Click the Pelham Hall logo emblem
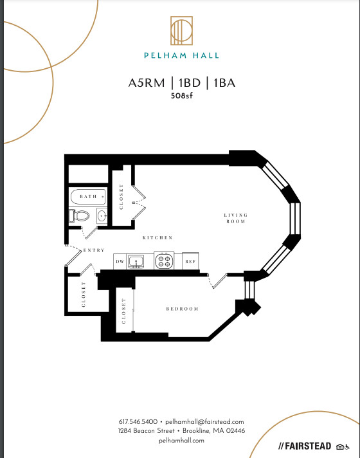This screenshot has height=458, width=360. click(x=181, y=31)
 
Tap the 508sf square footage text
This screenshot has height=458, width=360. click(x=182, y=96)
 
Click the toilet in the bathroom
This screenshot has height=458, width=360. click(x=79, y=216)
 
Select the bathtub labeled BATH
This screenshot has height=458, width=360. click(x=88, y=197)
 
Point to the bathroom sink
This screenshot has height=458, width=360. click(x=102, y=216)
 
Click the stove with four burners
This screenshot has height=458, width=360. click(x=164, y=261)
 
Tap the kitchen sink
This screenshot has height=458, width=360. click(x=136, y=261)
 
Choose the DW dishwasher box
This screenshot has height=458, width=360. click(x=120, y=261)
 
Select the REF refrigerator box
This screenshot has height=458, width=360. click(x=190, y=261)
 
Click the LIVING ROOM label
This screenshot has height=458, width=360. click(x=236, y=218)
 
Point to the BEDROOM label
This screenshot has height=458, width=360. click(x=182, y=309)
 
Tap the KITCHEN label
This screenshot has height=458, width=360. click(x=157, y=238)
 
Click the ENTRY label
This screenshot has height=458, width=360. click(x=94, y=250)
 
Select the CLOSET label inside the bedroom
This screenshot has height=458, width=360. click(x=123, y=311)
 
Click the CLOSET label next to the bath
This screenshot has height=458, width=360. click(x=121, y=197)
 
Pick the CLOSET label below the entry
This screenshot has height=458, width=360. click(x=84, y=295)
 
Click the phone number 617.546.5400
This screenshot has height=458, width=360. click(x=138, y=422)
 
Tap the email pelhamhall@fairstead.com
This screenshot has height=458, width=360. click(x=204, y=422)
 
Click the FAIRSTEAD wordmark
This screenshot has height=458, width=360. click(x=305, y=446)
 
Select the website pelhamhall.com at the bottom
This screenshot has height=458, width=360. click(x=181, y=440)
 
